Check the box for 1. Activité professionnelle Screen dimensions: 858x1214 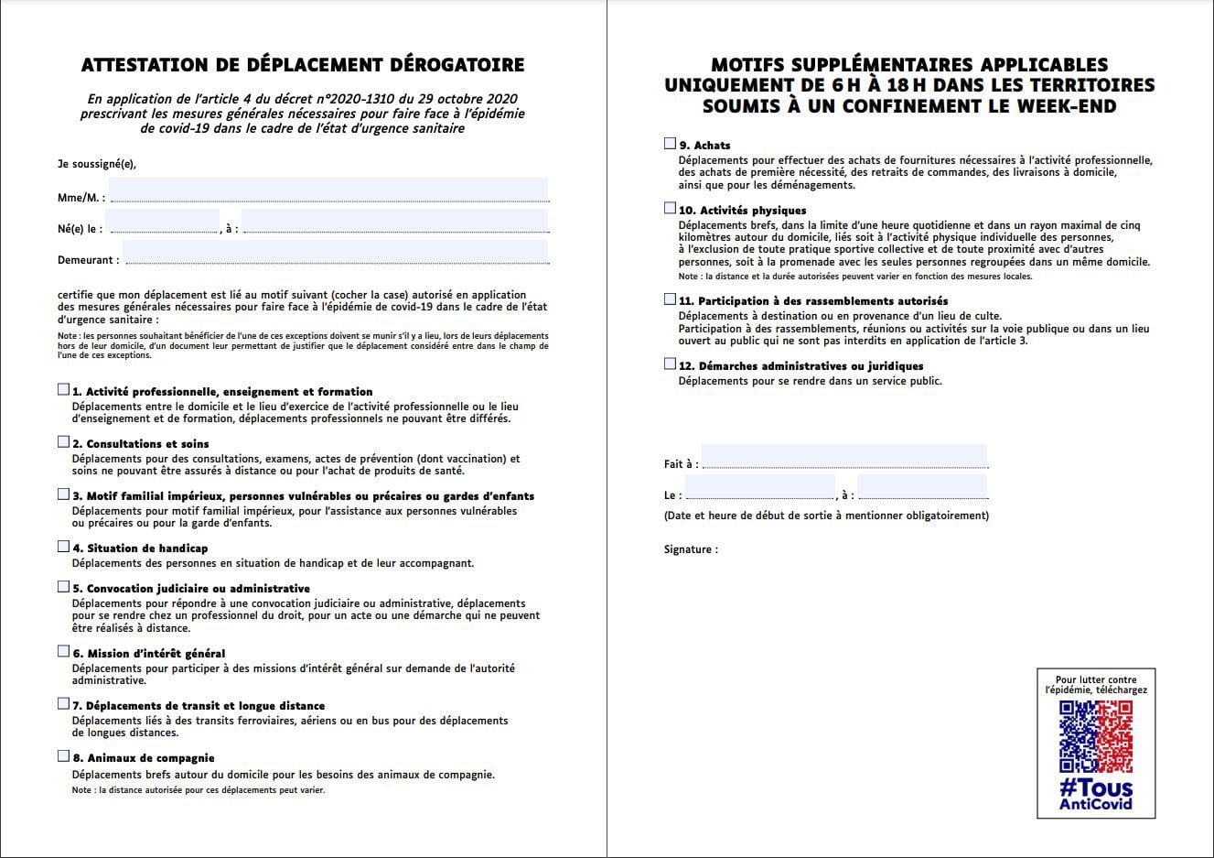click(63, 390)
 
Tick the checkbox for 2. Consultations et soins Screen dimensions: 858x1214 click(63, 442)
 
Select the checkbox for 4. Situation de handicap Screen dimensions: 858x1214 click(63, 547)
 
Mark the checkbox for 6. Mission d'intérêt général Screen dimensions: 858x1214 click(63, 652)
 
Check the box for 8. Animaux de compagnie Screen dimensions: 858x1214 click(63, 756)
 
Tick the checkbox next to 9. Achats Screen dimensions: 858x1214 click(670, 144)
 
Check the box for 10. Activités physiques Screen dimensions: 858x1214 click(670, 209)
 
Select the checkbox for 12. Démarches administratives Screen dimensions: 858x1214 click(670, 364)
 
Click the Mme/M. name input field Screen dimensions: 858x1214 click(328, 190)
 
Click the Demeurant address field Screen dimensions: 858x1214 click(335, 253)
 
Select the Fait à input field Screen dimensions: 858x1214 click(843, 456)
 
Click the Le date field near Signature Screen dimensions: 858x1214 click(758, 487)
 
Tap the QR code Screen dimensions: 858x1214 click(1095, 736)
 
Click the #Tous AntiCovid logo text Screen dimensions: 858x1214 click(1095, 794)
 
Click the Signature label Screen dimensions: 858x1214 click(691, 549)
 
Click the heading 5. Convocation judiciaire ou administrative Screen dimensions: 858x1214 click(191, 589)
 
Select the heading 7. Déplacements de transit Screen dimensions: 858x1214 click(199, 706)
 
